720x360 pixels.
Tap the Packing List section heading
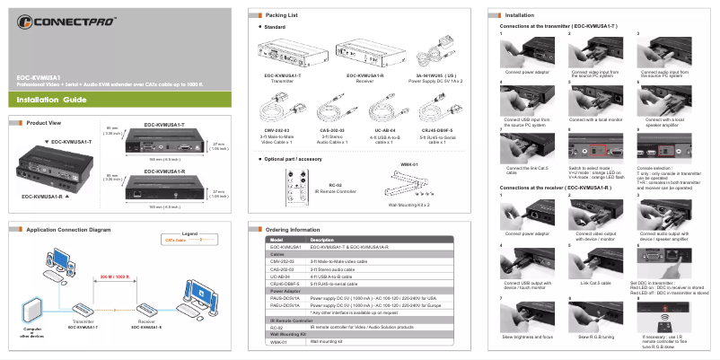281,15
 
